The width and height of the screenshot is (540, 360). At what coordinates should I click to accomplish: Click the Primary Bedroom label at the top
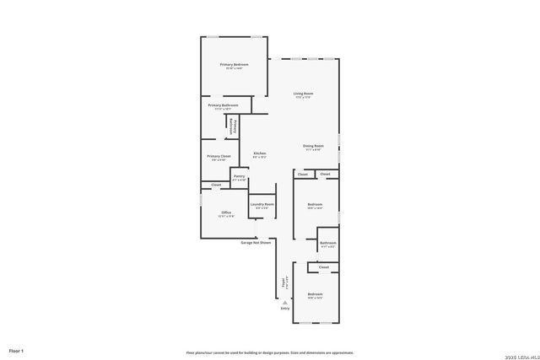click(x=234, y=65)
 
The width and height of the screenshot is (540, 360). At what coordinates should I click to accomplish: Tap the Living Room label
click(x=303, y=94)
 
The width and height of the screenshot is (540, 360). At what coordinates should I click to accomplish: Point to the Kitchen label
click(x=260, y=153)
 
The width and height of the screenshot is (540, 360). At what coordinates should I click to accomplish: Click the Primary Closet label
click(x=219, y=156)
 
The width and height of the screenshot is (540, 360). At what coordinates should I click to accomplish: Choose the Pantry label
click(x=239, y=176)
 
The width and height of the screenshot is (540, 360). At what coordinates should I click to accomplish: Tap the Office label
click(x=226, y=212)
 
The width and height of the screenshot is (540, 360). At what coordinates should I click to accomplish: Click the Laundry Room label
click(x=262, y=205)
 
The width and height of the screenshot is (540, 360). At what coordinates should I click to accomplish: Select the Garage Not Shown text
click(x=256, y=243)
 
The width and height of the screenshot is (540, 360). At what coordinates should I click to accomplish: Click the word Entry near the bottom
click(x=285, y=309)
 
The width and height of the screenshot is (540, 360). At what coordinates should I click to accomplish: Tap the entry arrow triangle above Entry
click(x=285, y=302)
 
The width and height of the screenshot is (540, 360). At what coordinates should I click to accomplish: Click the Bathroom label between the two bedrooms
click(x=328, y=243)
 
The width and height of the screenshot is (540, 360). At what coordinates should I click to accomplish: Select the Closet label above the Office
click(x=216, y=185)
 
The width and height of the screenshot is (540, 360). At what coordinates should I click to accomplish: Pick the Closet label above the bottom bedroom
click(x=324, y=267)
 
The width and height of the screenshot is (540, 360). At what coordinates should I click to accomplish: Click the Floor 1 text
click(x=16, y=350)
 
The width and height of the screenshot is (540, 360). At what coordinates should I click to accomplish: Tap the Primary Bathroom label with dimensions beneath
click(x=223, y=105)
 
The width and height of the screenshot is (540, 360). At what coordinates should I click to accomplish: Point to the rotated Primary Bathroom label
click(x=232, y=127)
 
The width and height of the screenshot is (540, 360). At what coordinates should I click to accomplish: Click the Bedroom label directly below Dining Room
click(x=315, y=205)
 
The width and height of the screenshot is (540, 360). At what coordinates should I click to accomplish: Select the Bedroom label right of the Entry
click(x=316, y=294)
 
